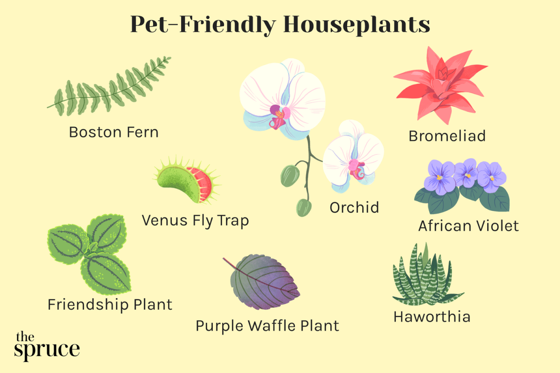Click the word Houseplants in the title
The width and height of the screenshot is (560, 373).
357,25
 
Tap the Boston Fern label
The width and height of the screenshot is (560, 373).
114,132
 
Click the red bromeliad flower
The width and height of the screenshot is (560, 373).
441,85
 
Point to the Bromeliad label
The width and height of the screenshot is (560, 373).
447,136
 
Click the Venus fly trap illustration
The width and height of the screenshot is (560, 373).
187,180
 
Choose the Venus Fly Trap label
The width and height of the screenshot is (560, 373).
195,221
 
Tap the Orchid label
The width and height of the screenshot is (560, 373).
354,207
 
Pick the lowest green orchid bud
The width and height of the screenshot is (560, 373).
304,207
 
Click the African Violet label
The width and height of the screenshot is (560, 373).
468,226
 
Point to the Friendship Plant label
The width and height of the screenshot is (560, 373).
110,305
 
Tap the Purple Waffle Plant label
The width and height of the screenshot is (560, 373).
267,326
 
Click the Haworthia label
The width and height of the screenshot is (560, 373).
432,317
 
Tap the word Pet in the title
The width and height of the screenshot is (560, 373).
149,25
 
